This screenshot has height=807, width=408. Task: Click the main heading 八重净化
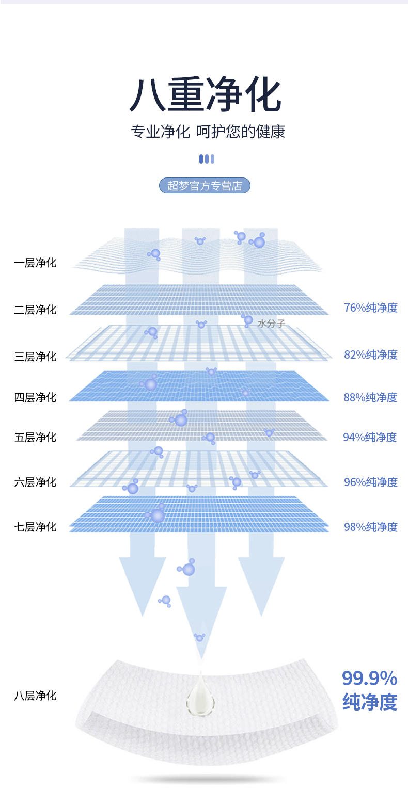(x=205, y=94)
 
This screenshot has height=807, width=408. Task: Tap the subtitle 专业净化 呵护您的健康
(x=208, y=132)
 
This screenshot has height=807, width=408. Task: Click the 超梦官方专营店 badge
(x=205, y=186)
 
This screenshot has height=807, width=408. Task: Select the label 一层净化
(x=35, y=263)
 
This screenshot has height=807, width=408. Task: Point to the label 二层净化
(x=35, y=310)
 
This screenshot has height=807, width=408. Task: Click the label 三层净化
(x=35, y=357)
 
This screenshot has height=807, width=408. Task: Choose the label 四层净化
(x=35, y=397)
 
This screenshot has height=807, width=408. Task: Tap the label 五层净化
(x=35, y=437)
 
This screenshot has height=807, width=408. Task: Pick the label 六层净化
(x=35, y=482)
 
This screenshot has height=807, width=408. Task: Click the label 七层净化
(x=35, y=527)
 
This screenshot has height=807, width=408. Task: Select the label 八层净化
(x=35, y=696)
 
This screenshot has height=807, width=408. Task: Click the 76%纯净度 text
(x=370, y=308)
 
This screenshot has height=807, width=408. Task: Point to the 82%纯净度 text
(x=370, y=354)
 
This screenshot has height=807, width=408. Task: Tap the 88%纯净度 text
(x=370, y=397)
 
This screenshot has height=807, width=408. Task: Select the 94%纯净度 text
(x=370, y=437)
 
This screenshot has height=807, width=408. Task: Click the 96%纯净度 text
(x=370, y=482)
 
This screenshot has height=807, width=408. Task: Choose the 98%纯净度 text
(x=370, y=527)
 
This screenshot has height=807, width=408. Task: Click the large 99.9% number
(x=370, y=679)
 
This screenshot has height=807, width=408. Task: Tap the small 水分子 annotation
(x=271, y=324)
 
